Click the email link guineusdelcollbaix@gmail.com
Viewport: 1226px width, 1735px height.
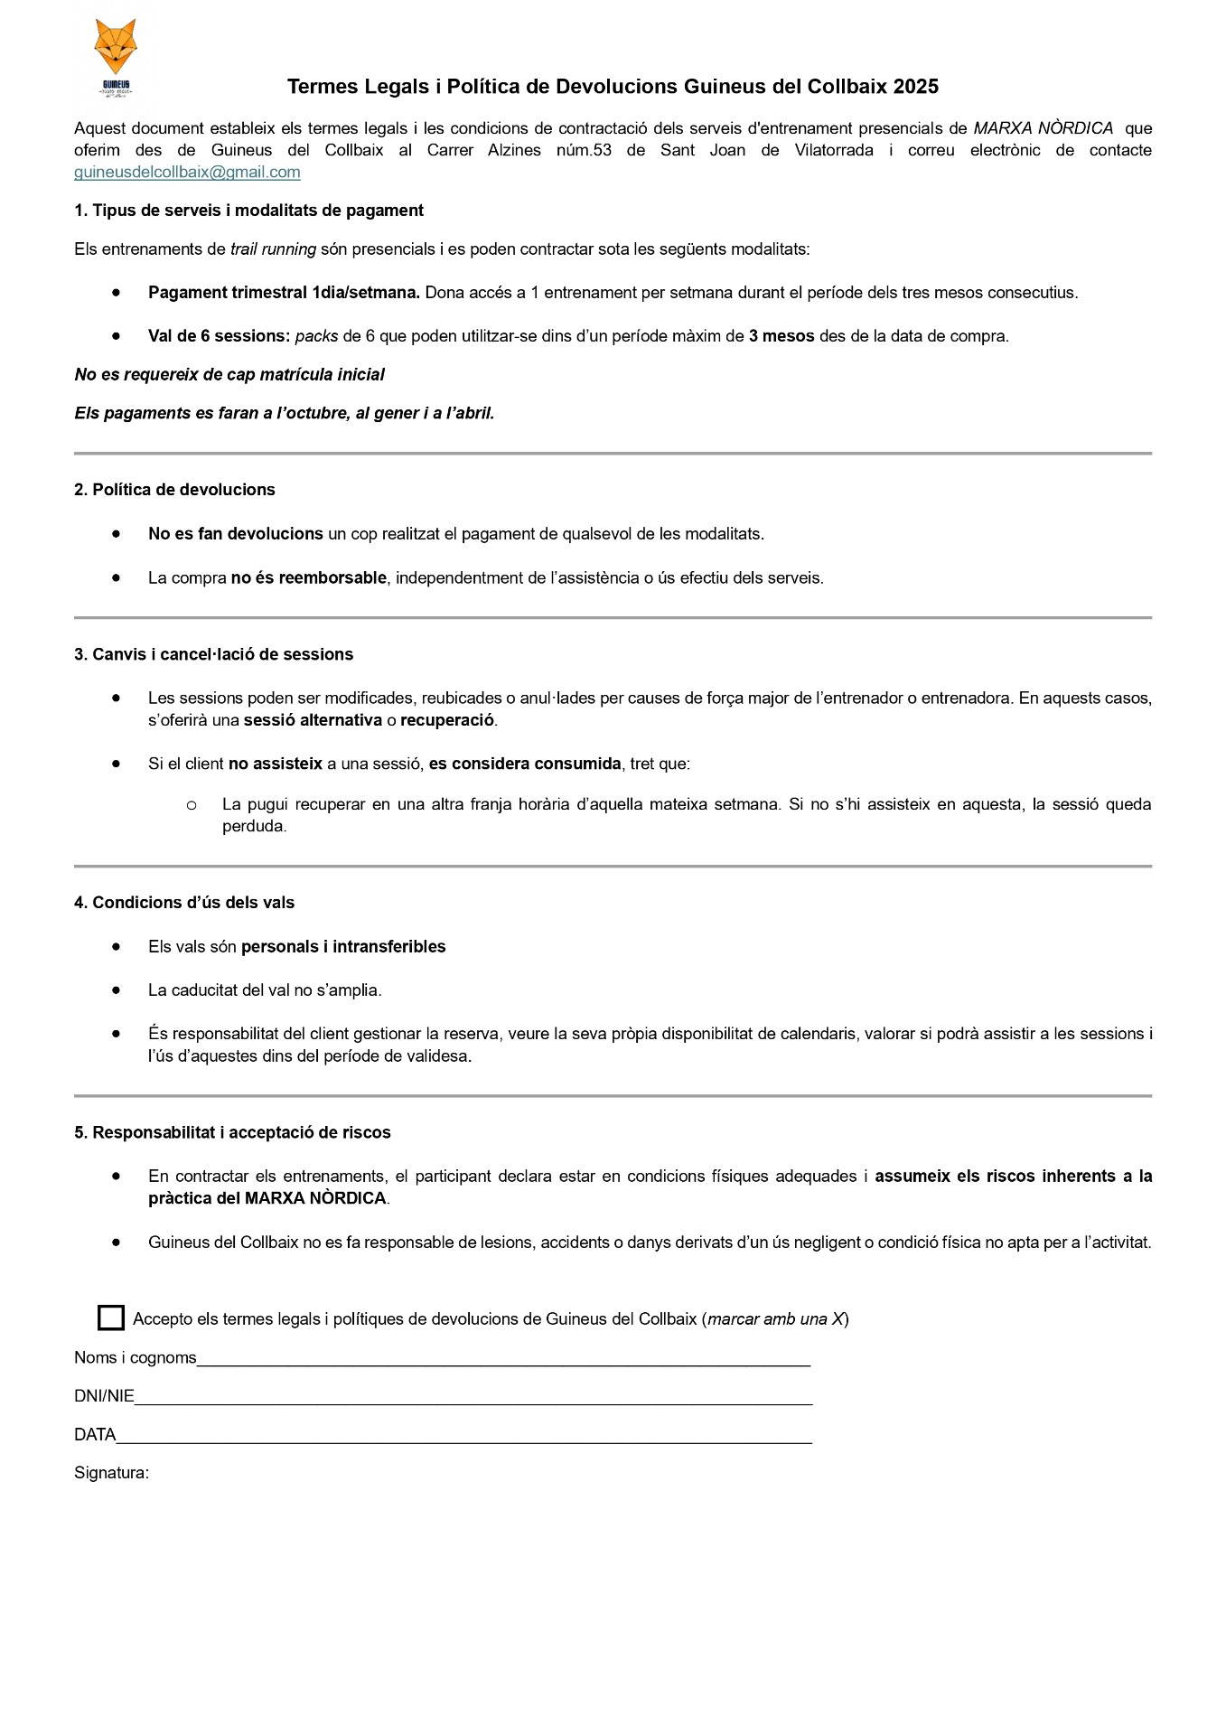click(x=187, y=173)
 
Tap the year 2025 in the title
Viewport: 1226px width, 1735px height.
click(x=915, y=87)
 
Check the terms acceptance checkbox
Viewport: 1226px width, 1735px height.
click(x=111, y=1318)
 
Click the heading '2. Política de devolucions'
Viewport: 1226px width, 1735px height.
click(x=174, y=490)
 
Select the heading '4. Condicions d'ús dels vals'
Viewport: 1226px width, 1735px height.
click(x=184, y=903)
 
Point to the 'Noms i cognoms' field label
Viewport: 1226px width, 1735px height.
click(x=136, y=1357)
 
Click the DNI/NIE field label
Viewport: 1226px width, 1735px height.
click(x=104, y=1396)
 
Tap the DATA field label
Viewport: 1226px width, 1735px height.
click(x=95, y=1435)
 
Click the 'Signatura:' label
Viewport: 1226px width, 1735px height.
click(x=111, y=1473)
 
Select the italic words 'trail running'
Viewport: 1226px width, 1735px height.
click(x=273, y=249)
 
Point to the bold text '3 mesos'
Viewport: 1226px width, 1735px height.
click(x=781, y=336)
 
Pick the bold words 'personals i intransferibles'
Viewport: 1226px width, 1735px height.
click(x=343, y=947)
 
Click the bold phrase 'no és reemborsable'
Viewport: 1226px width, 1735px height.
click(x=309, y=578)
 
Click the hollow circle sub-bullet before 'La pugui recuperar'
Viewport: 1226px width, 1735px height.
click(x=192, y=804)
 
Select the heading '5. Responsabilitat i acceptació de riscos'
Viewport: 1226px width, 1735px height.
click(x=232, y=1132)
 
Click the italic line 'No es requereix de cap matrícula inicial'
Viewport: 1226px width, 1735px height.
click(x=229, y=375)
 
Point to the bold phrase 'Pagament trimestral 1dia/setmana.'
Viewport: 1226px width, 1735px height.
click(x=284, y=293)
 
